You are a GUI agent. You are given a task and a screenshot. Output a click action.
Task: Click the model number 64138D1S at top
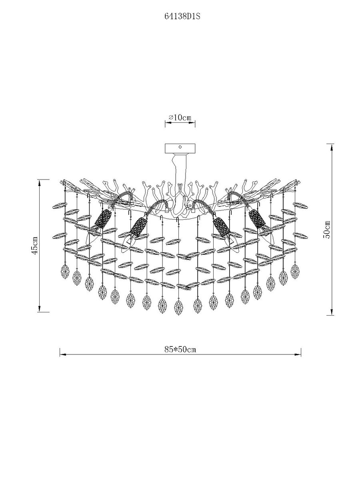click(x=182, y=17)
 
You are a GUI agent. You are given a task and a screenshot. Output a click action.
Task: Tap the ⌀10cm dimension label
click(x=180, y=118)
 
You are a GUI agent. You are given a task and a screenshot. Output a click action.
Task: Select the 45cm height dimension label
click(x=34, y=245)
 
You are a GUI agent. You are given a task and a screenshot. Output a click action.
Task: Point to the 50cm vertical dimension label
click(x=328, y=229)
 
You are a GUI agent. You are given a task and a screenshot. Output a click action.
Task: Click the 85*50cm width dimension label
click(x=180, y=350)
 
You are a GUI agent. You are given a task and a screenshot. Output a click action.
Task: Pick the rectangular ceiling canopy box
click(x=180, y=149)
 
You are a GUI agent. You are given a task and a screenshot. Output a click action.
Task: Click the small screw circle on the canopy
click(x=180, y=147)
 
